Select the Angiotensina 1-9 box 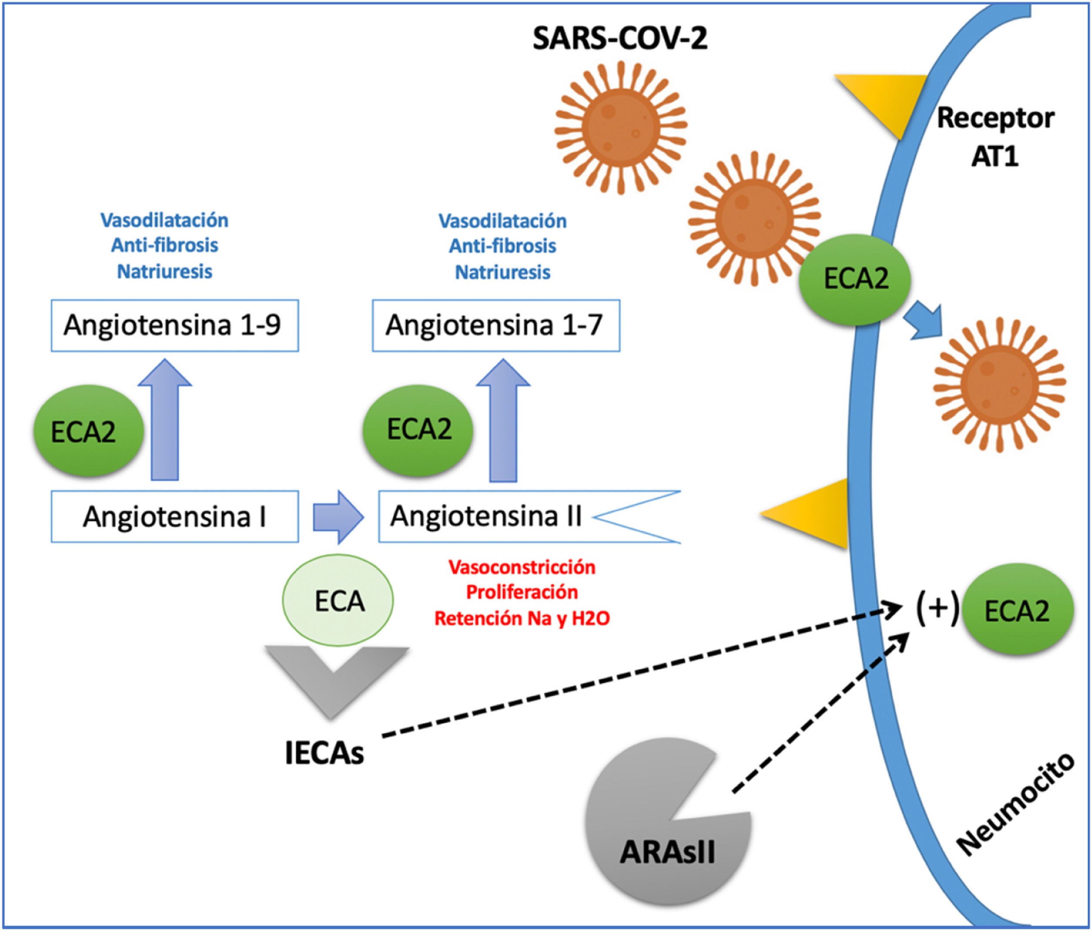175,325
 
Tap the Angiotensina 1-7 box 495,325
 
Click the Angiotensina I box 175,516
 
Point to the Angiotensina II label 486,516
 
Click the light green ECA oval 338,600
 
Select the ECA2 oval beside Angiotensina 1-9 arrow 88,431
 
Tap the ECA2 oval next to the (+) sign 1017,611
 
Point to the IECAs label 324,753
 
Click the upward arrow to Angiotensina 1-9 165,422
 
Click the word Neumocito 1014,804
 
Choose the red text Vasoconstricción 522,567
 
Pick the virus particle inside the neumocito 999,385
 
